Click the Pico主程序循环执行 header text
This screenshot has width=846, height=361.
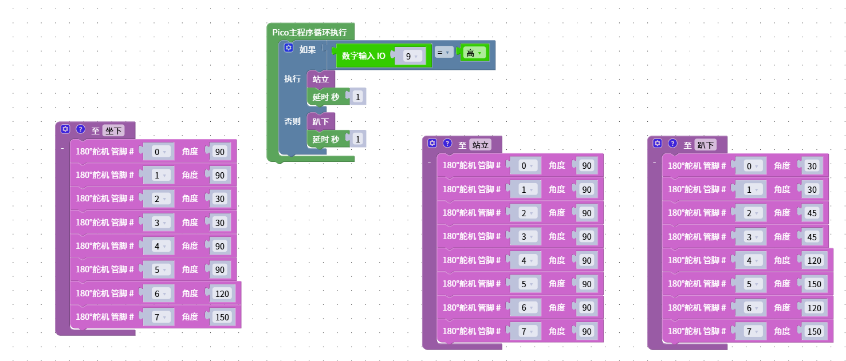coord(309,33)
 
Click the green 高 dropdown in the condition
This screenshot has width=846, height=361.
coord(474,53)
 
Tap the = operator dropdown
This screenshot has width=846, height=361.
coord(443,53)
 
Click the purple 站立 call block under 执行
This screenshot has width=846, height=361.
coord(320,79)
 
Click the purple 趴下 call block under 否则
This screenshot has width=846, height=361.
coord(320,121)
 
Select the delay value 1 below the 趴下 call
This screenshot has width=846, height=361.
coord(358,139)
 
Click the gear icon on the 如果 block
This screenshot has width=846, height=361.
coord(289,49)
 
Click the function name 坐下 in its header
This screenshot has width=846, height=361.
coord(113,130)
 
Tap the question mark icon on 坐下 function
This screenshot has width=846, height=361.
coord(80,129)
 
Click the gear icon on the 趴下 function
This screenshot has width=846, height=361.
coord(658,144)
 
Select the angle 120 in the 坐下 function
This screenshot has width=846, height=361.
coord(222,293)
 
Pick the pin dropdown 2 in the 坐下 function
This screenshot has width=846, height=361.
coord(159,199)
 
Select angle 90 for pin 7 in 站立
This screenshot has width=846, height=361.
coord(587,331)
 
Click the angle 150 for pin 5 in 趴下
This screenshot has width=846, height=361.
coord(814,284)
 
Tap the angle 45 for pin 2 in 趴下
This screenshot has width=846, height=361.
coord(812,213)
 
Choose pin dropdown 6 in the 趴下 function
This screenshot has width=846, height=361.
coord(751,308)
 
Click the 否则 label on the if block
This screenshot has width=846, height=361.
coord(292,121)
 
